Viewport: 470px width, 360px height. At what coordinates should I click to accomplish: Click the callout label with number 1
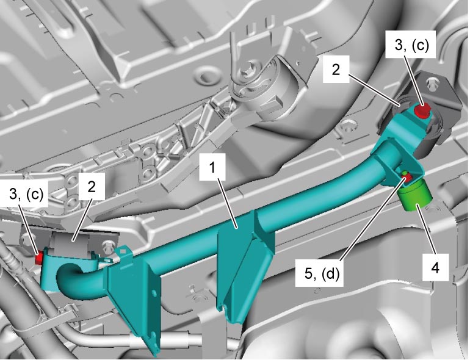212,168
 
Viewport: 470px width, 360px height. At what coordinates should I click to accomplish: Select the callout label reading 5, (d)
322,273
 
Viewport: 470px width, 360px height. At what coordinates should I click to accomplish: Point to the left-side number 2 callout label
92,186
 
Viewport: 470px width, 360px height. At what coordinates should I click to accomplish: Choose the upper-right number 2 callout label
336,69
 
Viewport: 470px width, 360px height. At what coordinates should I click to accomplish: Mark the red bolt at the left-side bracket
38,259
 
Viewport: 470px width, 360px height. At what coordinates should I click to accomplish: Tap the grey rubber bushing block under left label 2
70,243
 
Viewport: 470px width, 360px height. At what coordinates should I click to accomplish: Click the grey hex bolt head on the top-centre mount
250,69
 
